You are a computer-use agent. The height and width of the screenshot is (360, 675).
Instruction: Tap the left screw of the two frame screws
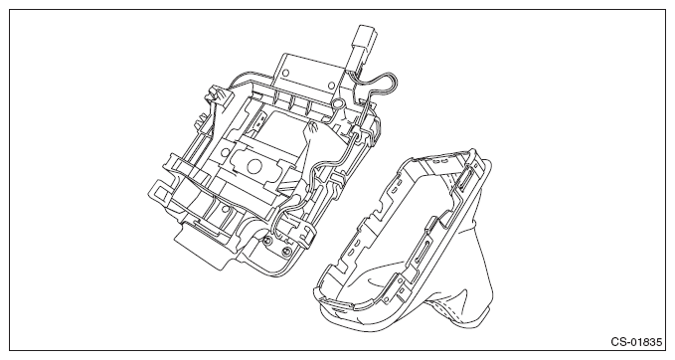tap(266, 239)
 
